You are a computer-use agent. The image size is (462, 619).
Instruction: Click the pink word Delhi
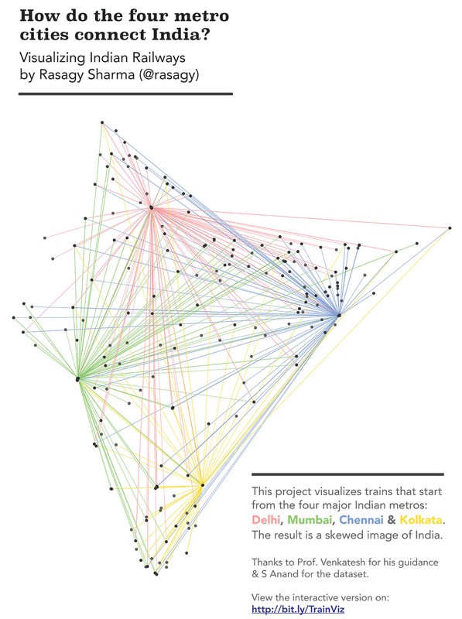pyautogui.click(x=265, y=520)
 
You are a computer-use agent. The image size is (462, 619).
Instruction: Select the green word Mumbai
pyautogui.click(x=310, y=520)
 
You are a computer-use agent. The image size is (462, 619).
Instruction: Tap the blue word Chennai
pyautogui.click(x=361, y=520)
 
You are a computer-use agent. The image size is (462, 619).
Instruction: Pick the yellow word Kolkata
pyautogui.click(x=421, y=520)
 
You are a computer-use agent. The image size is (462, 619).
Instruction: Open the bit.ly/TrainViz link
pyautogui.click(x=298, y=610)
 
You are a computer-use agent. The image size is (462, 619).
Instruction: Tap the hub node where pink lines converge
pyautogui.click(x=151, y=207)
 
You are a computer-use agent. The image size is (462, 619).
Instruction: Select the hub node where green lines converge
pyautogui.click(x=78, y=379)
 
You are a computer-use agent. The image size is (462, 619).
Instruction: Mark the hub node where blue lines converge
pyautogui.click(x=338, y=315)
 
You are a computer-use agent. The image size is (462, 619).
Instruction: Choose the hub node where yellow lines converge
pyautogui.click(x=203, y=485)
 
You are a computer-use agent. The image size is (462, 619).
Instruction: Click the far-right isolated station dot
pyautogui.click(x=450, y=228)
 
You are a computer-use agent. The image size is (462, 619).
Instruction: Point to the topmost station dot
pyautogui.click(x=102, y=123)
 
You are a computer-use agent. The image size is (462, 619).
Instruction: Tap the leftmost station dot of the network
pyautogui.click(x=13, y=317)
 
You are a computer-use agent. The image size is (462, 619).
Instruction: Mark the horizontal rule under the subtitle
pyautogui.click(x=125, y=94)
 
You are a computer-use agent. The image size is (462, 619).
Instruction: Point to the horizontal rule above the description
pyautogui.click(x=348, y=474)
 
